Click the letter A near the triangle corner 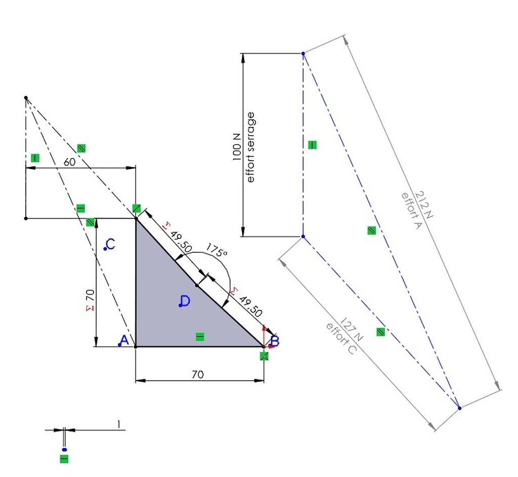(x=124, y=340)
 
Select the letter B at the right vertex (x=275, y=341)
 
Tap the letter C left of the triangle (x=111, y=244)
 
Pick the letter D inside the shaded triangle (x=185, y=301)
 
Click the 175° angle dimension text (x=217, y=250)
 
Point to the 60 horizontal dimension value (x=69, y=162)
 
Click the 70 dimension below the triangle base (x=198, y=374)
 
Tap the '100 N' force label (x=237, y=147)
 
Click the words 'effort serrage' (x=251, y=147)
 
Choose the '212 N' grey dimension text (x=423, y=205)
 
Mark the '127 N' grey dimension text (x=351, y=330)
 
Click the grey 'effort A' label (x=412, y=211)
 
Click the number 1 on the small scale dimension (x=118, y=424)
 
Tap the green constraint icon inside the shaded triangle (x=200, y=337)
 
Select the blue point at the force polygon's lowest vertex (x=459, y=408)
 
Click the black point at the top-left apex (x=26, y=98)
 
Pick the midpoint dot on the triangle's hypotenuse (x=197, y=285)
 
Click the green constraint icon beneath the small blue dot (x=64, y=459)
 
